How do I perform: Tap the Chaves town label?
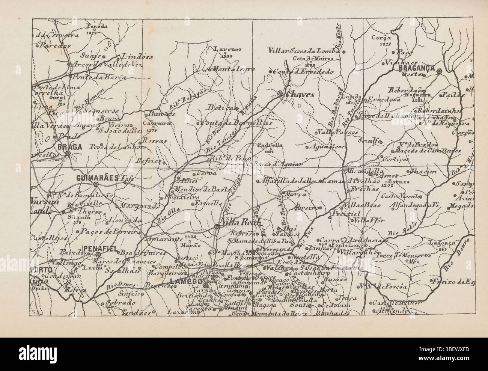(300, 95)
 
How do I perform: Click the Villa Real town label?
(236, 221)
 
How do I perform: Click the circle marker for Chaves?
(280, 93)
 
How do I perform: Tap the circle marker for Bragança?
(439, 69)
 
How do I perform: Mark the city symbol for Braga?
(68, 153)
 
